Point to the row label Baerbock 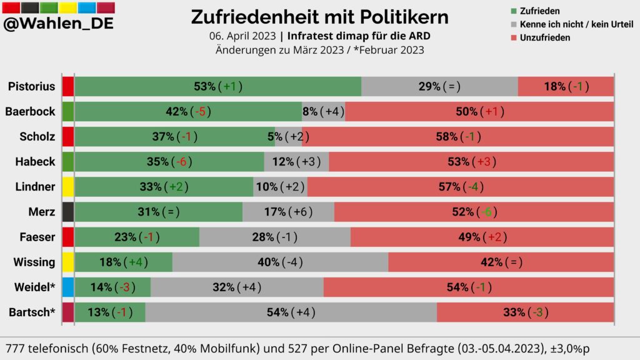(x=30, y=112)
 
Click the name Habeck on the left (x=35, y=162)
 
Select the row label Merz (x=42, y=212)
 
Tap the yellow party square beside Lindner (x=68, y=187)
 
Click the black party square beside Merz (x=68, y=212)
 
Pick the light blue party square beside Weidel (x=68, y=287)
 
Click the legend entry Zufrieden (x=539, y=11)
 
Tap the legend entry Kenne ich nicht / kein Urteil (x=576, y=24)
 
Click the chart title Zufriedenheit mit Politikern (x=319, y=16)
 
